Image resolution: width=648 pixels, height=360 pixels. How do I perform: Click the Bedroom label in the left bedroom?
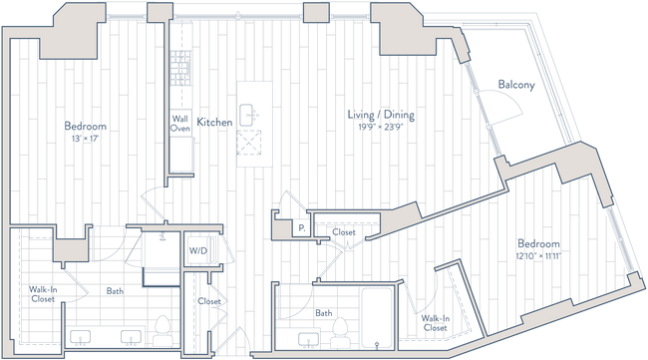pyautogui.click(x=86, y=127)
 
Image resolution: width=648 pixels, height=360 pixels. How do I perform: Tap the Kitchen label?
pyautogui.click(x=215, y=122)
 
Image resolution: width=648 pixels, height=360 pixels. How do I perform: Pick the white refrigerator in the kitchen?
pyautogui.click(x=181, y=155)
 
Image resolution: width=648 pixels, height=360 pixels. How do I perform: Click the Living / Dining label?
pyautogui.click(x=380, y=117)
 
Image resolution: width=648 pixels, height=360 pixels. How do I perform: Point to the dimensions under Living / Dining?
pyautogui.click(x=380, y=128)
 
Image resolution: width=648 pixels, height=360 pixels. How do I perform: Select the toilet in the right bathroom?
pyautogui.click(x=340, y=327)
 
